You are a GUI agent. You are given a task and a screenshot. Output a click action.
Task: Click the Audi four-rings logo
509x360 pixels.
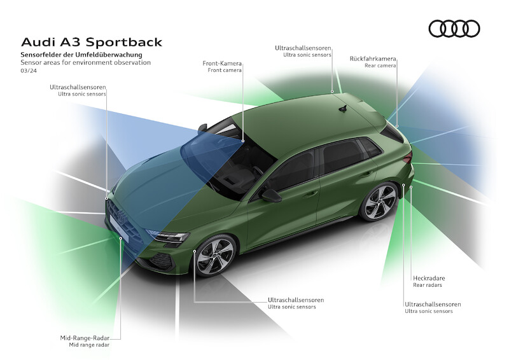(x=454, y=29)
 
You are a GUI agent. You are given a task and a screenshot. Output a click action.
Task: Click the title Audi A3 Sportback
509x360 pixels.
(x=92, y=43)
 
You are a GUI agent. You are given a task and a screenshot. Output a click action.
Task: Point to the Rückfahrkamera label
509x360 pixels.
(x=373, y=59)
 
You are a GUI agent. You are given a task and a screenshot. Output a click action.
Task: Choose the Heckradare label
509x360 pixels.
(x=428, y=278)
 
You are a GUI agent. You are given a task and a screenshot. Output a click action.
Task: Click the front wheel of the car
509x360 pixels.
(x=214, y=255)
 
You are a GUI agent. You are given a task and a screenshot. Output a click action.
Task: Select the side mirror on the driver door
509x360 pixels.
(x=270, y=195)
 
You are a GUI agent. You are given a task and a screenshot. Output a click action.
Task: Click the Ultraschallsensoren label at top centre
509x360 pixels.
(x=303, y=48)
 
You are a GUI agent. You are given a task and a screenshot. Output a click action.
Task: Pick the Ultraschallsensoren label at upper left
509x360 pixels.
(x=78, y=87)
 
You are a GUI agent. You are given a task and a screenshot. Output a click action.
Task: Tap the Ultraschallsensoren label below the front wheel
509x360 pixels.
(x=296, y=300)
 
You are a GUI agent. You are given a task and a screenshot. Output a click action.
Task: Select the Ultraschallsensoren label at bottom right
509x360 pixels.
(x=433, y=304)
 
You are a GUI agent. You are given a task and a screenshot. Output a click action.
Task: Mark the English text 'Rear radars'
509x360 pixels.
(x=428, y=285)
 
